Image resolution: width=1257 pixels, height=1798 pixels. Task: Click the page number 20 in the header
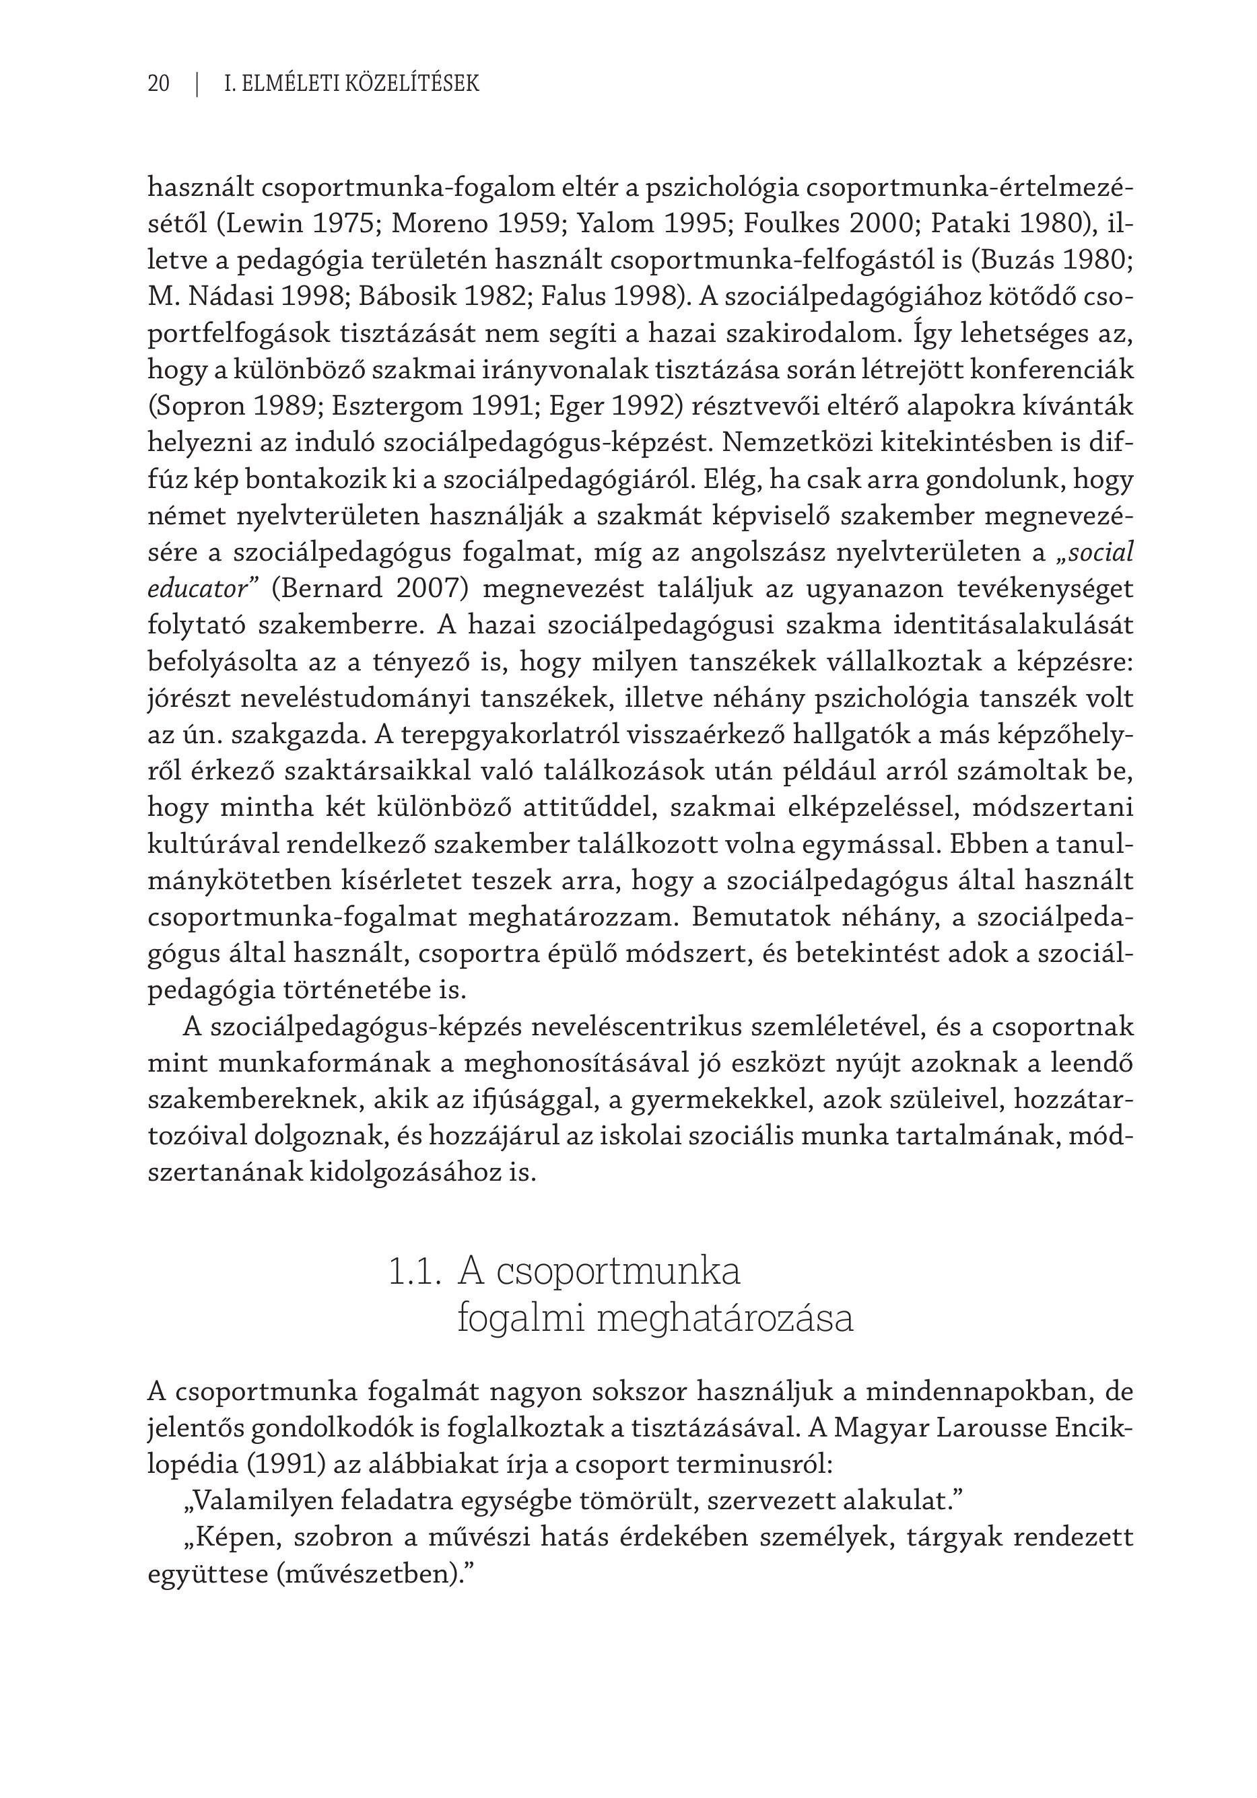158,83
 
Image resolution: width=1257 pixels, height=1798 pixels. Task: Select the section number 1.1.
411,1272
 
